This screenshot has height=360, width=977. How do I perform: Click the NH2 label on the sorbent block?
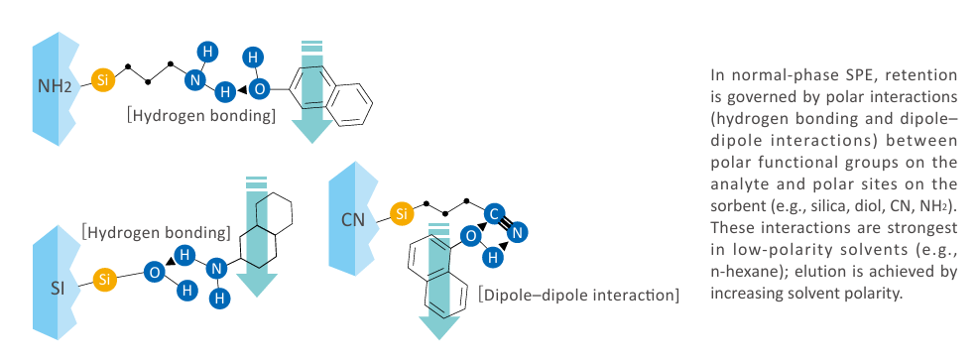(x=55, y=86)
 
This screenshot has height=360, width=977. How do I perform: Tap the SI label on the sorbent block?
(x=58, y=289)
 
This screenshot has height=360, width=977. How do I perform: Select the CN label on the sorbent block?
(x=353, y=220)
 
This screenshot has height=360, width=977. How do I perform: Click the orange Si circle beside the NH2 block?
(x=103, y=80)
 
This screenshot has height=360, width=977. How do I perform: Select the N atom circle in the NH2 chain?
(x=195, y=79)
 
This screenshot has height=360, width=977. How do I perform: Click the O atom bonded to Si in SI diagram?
(x=155, y=272)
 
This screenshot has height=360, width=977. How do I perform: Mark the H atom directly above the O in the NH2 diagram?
(x=252, y=58)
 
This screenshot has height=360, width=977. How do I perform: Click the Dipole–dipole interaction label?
(x=579, y=294)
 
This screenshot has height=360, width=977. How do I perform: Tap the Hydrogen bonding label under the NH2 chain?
(x=200, y=116)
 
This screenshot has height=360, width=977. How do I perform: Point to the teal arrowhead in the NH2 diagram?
(x=312, y=129)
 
